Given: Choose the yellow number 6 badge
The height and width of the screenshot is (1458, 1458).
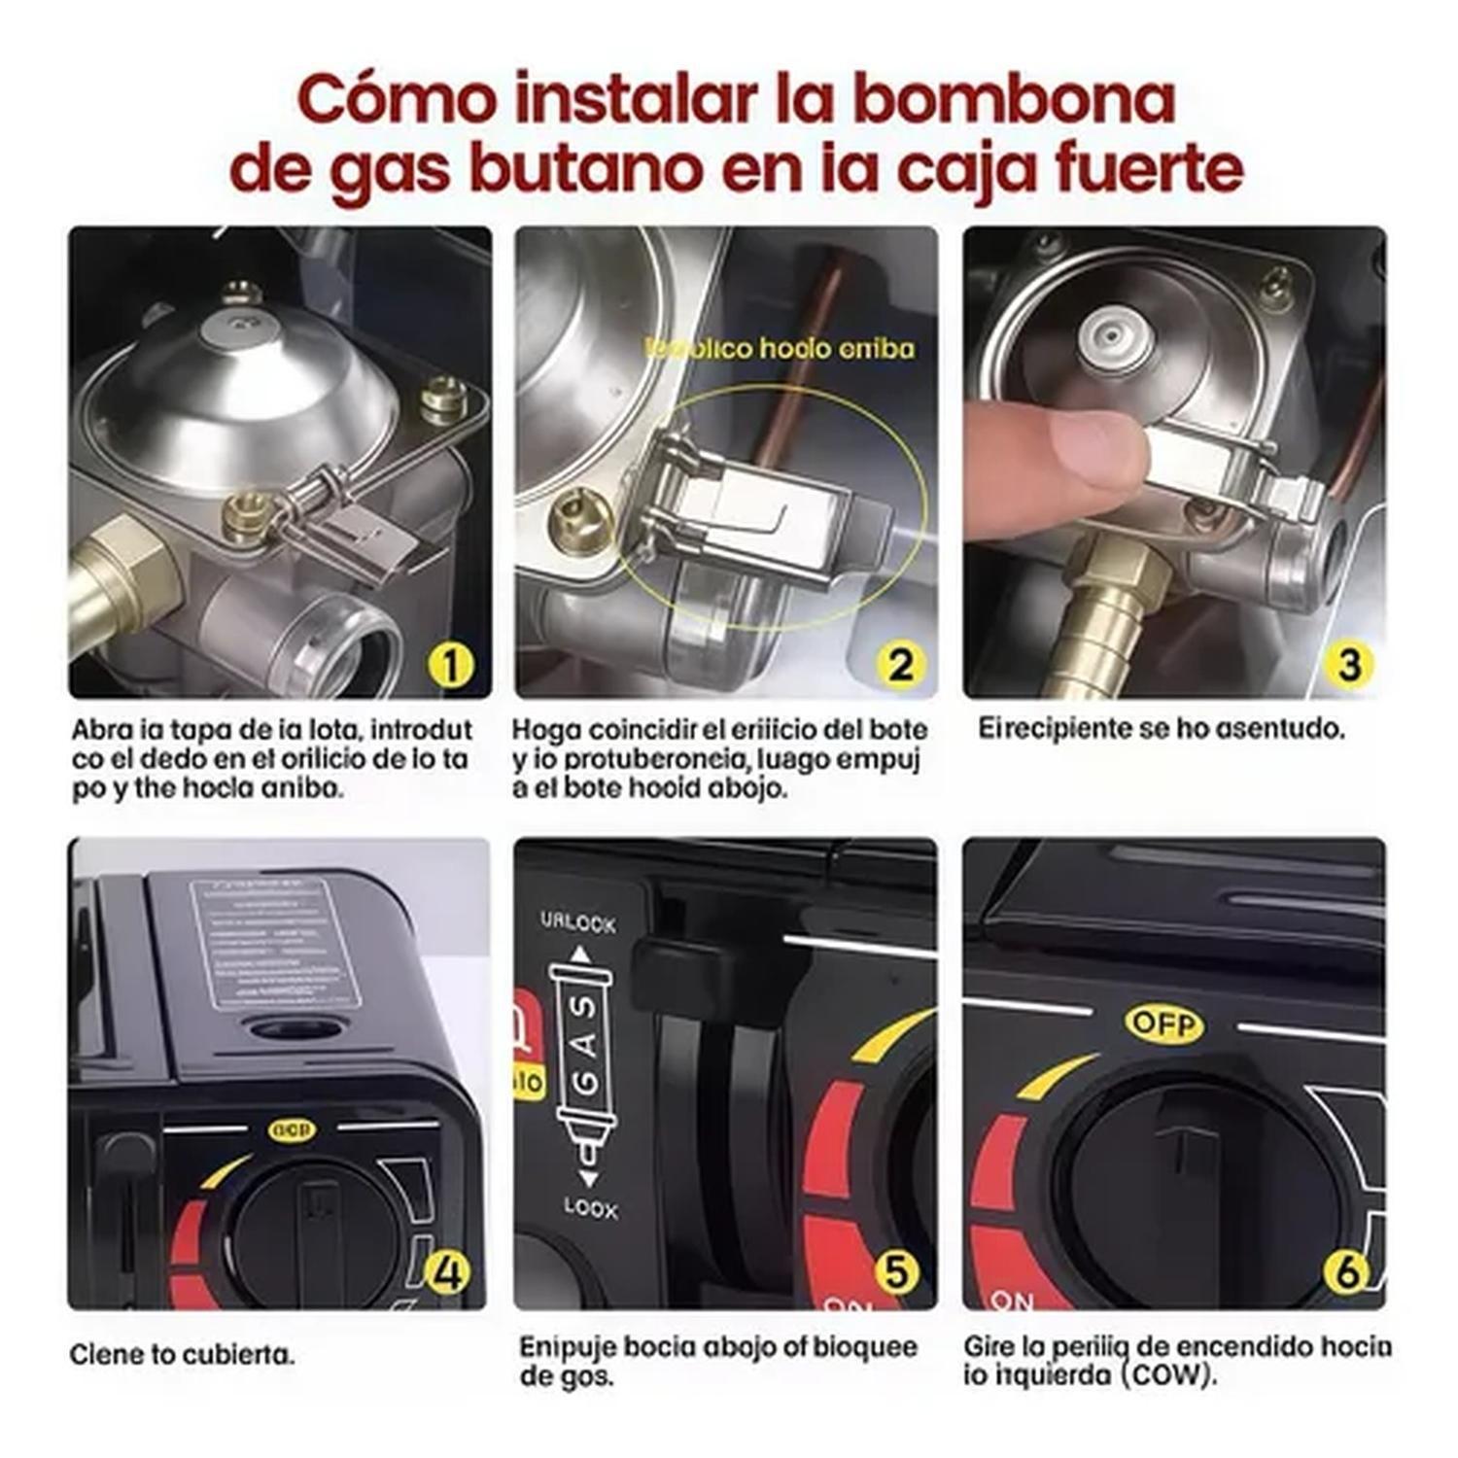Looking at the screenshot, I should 1345,1272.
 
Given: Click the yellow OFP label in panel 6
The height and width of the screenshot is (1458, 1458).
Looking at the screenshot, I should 1163,1024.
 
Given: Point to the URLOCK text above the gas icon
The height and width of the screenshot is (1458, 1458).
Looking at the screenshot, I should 578,921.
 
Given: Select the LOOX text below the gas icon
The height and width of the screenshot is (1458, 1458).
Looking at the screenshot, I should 590,1208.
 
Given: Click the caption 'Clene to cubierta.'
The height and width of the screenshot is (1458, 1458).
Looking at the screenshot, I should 182,1354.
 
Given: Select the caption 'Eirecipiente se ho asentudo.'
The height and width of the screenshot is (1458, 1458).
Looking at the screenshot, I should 1161,728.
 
